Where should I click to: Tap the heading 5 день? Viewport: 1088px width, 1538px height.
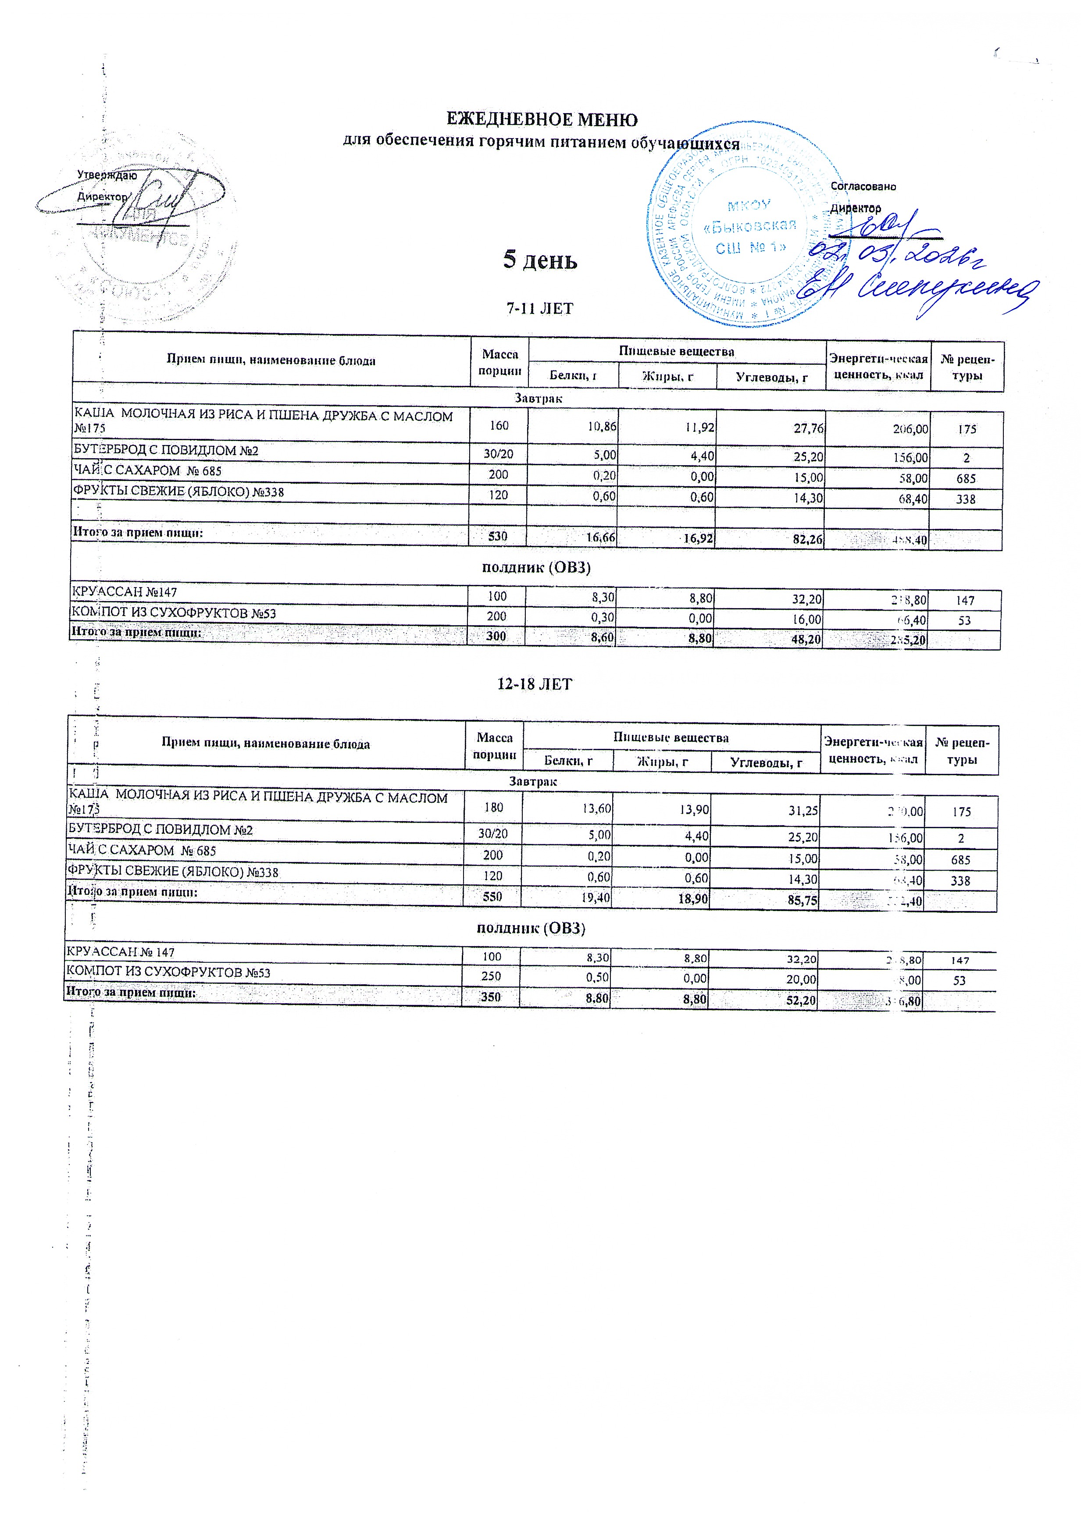540,260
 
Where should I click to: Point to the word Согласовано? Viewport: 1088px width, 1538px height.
863,187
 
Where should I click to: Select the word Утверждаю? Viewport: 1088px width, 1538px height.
107,175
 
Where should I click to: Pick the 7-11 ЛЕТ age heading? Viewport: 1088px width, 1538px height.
540,309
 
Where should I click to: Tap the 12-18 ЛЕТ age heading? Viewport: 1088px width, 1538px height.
535,684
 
